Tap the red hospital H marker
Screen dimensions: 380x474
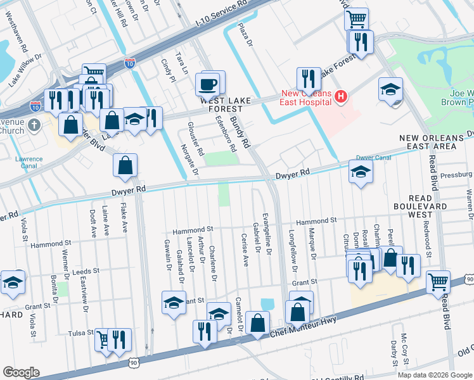click(342, 97)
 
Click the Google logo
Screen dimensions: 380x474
click(22, 372)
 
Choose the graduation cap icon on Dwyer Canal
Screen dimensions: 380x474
click(360, 172)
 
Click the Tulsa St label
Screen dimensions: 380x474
click(81, 333)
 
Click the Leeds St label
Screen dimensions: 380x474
click(87, 270)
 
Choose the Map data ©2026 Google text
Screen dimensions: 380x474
click(434, 374)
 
